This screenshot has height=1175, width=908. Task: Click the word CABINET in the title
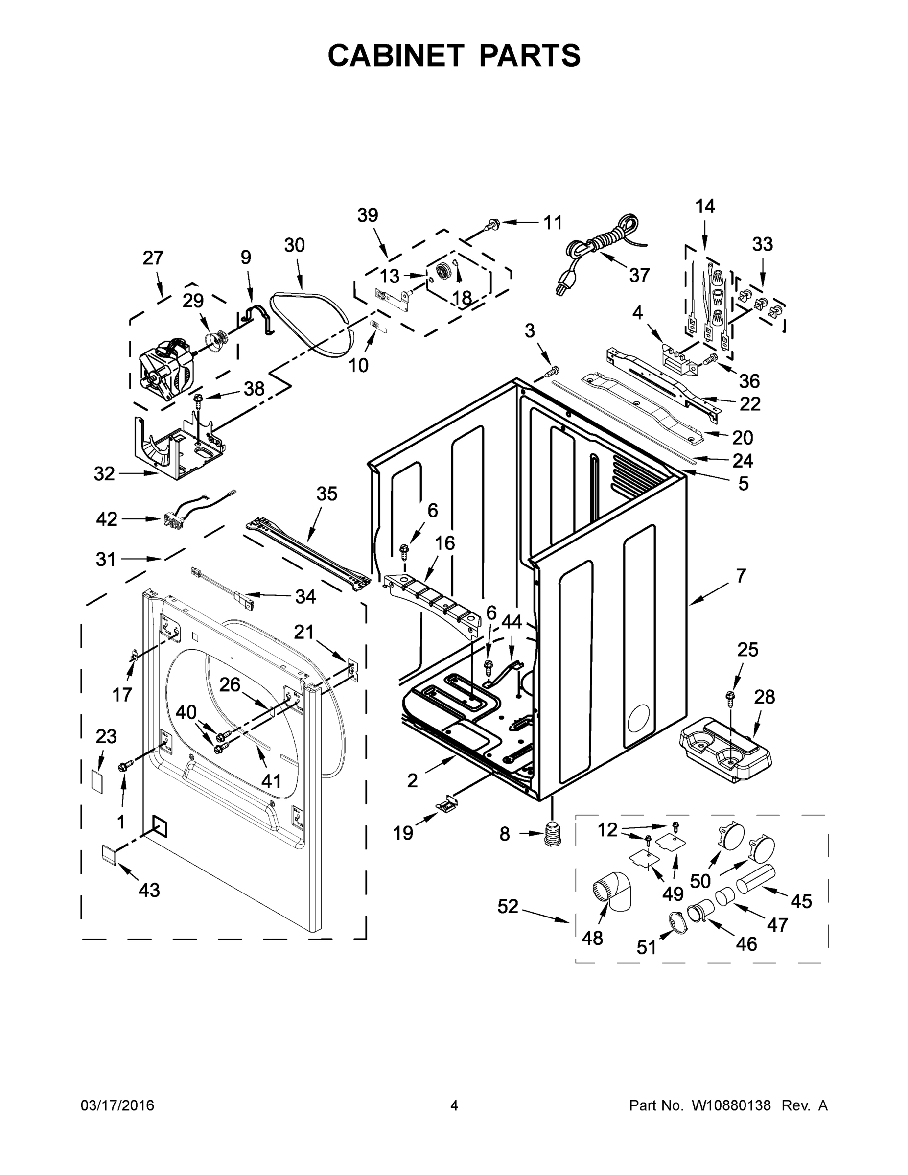396,55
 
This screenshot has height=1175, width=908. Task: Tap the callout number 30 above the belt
294,245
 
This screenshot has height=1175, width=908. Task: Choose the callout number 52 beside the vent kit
507,907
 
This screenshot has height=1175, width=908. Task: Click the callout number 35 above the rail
326,493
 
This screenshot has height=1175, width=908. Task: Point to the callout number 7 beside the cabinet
741,576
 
